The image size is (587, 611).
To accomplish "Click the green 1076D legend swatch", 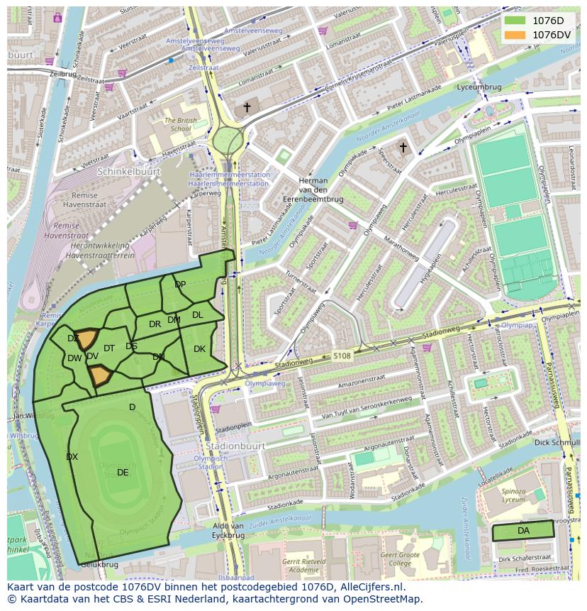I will (515, 21).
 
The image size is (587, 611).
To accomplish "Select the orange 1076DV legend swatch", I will (515, 34).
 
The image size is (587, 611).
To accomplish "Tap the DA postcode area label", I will (523, 531).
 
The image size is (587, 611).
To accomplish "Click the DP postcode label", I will (180, 285).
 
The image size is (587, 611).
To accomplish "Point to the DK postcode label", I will (199, 348).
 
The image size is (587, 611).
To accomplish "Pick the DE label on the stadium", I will (123, 472).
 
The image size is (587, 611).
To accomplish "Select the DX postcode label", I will (72, 457).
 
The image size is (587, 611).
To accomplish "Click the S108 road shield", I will (342, 356).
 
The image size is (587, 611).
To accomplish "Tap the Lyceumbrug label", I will (479, 87).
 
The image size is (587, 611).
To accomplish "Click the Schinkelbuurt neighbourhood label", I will (129, 172).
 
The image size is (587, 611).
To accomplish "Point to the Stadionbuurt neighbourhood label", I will (235, 446).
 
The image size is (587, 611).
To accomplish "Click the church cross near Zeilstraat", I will (247, 107).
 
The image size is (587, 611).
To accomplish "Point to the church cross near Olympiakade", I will (403, 148).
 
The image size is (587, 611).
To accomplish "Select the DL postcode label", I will (197, 314).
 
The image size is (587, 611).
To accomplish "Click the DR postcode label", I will (155, 324).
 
